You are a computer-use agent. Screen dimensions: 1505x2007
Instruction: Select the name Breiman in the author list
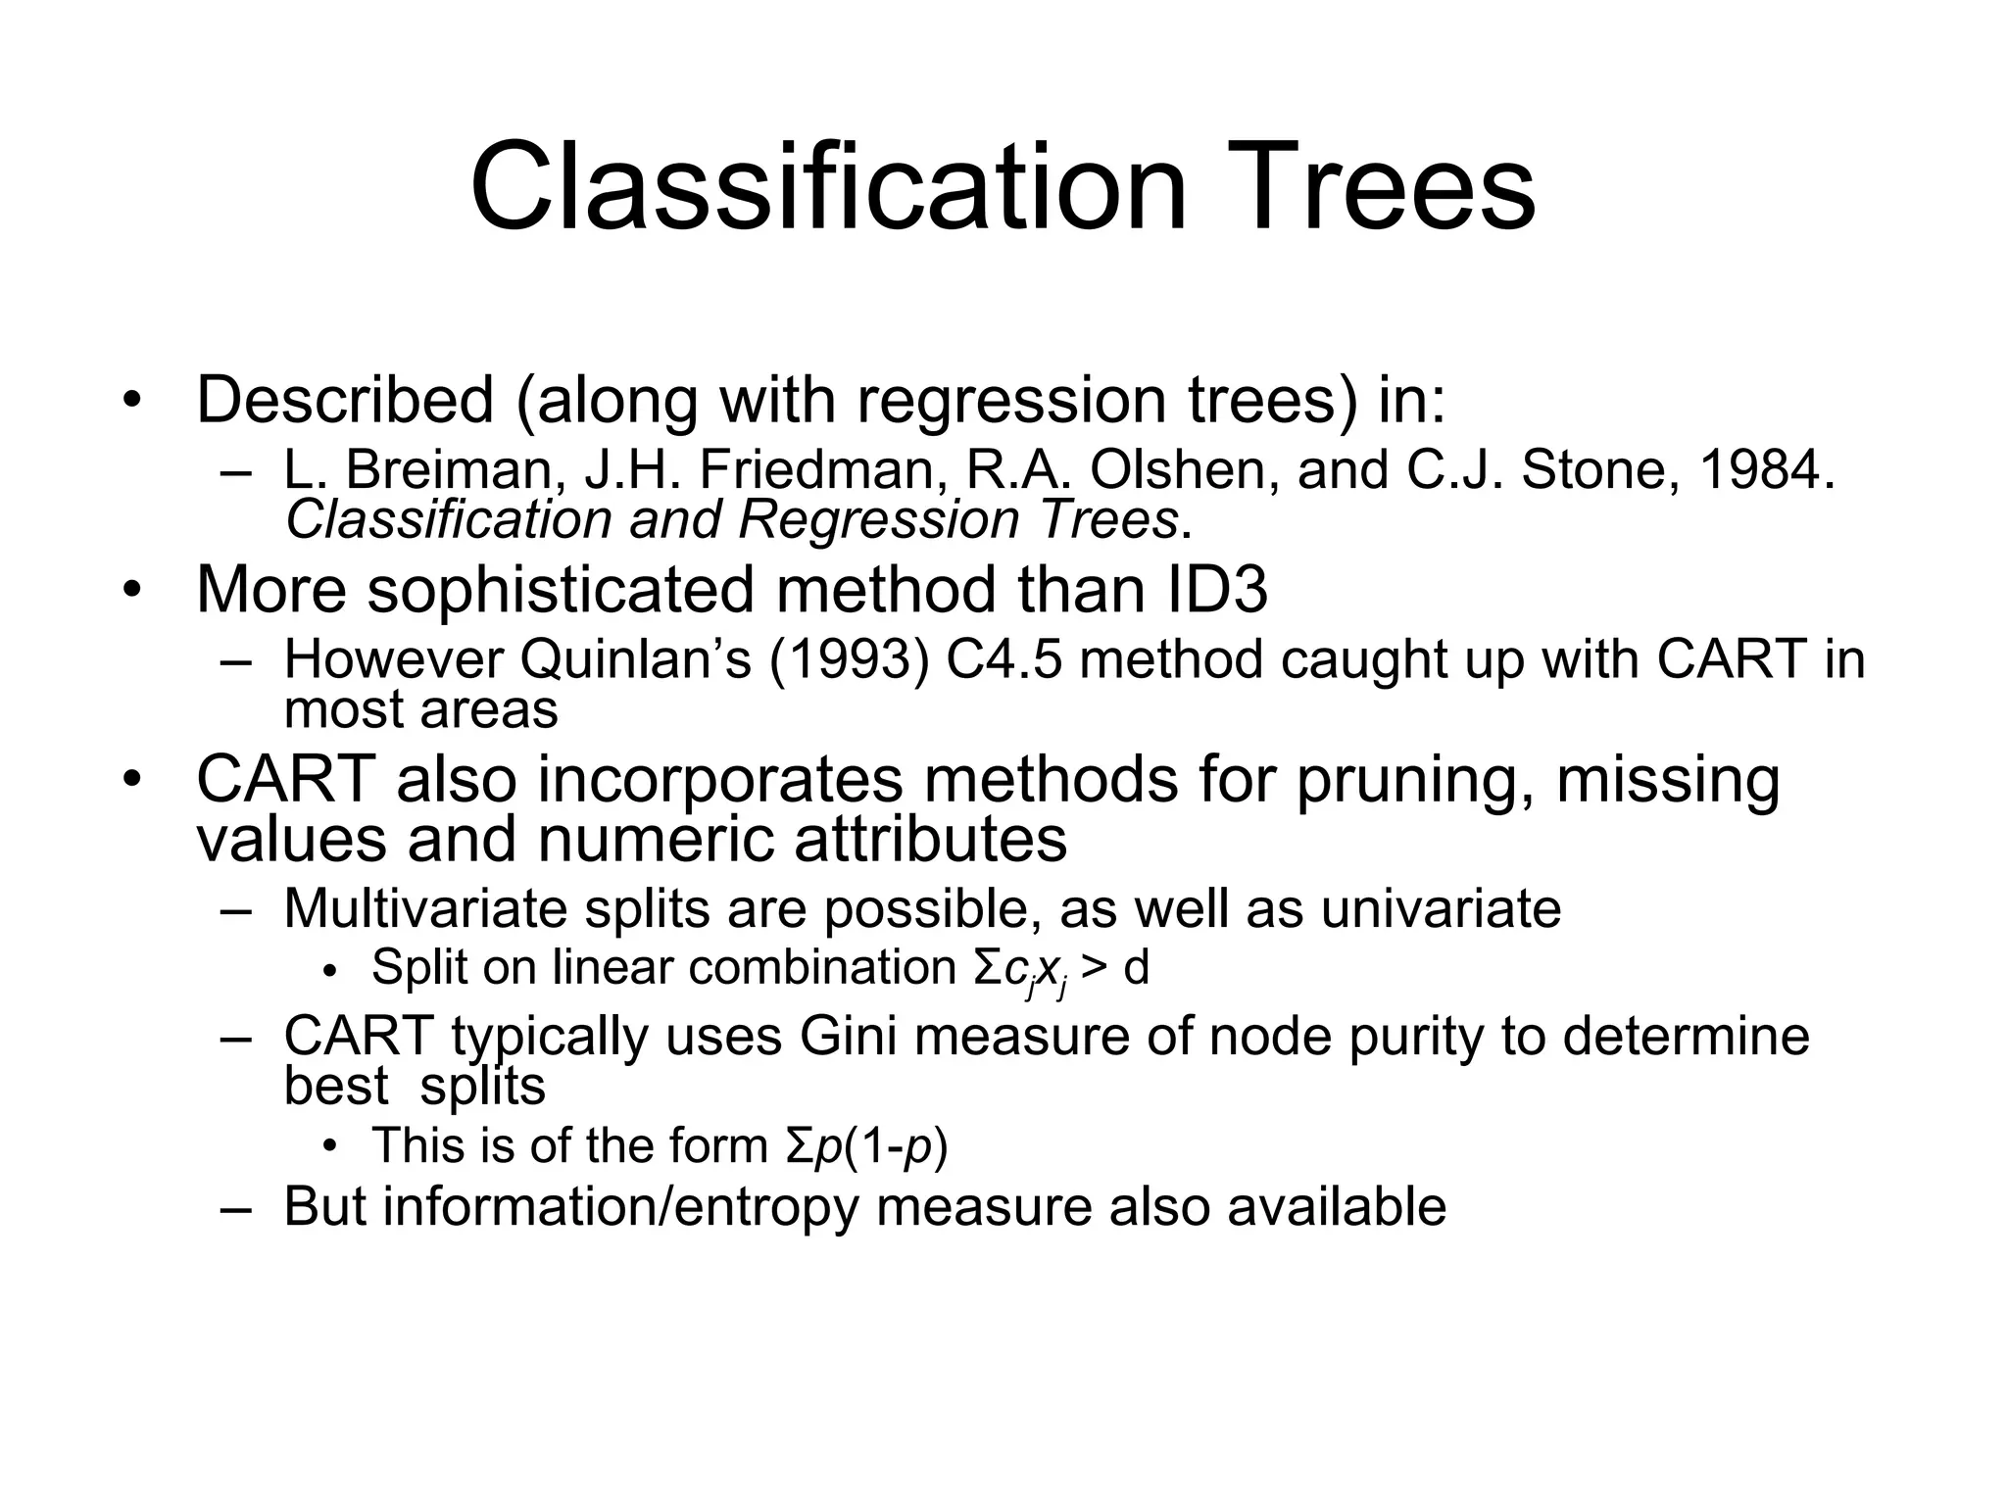[455, 470]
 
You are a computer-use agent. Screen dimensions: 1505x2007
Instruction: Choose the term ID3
[1216, 590]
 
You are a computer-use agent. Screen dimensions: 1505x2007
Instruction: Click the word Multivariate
[425, 909]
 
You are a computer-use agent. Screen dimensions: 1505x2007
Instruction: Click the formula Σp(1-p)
[866, 1146]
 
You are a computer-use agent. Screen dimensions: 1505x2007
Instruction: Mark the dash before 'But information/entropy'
[236, 1207]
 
